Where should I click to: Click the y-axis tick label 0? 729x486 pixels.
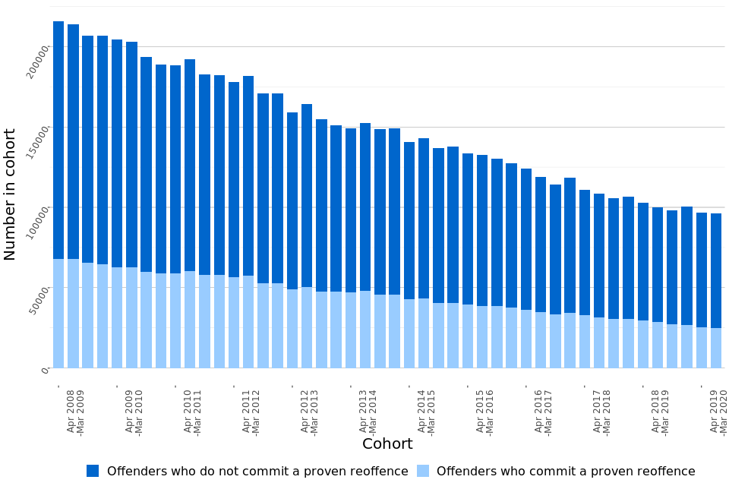coord(45,369)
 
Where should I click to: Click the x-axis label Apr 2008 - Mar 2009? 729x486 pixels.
coord(75,411)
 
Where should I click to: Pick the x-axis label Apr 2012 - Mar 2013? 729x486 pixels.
coord(309,411)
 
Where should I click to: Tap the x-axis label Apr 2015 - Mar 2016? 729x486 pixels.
coord(484,411)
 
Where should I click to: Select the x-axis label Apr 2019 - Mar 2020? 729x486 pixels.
coord(718,411)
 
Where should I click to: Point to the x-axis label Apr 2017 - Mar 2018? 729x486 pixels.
coord(601,411)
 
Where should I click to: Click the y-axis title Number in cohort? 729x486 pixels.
coord(11,194)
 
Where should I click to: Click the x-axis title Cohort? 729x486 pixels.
coord(387,444)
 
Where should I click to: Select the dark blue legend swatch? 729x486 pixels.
coord(93,471)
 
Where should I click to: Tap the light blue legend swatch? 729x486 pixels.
coord(423,471)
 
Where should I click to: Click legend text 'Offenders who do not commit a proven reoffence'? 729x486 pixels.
coord(257,472)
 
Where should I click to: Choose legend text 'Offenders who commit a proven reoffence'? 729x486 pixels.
coord(566,472)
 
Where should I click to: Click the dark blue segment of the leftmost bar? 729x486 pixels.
coord(58,140)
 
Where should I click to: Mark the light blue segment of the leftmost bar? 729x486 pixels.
coord(58,313)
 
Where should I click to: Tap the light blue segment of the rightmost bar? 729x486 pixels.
coord(716,348)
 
